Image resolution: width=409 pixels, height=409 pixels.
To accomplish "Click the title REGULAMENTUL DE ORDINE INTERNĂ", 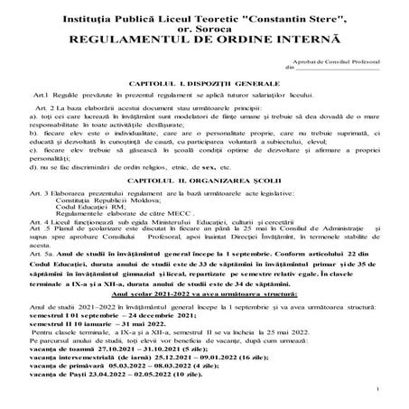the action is click(204, 41).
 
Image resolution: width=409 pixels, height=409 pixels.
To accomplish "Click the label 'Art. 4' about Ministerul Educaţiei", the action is click(40, 230).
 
